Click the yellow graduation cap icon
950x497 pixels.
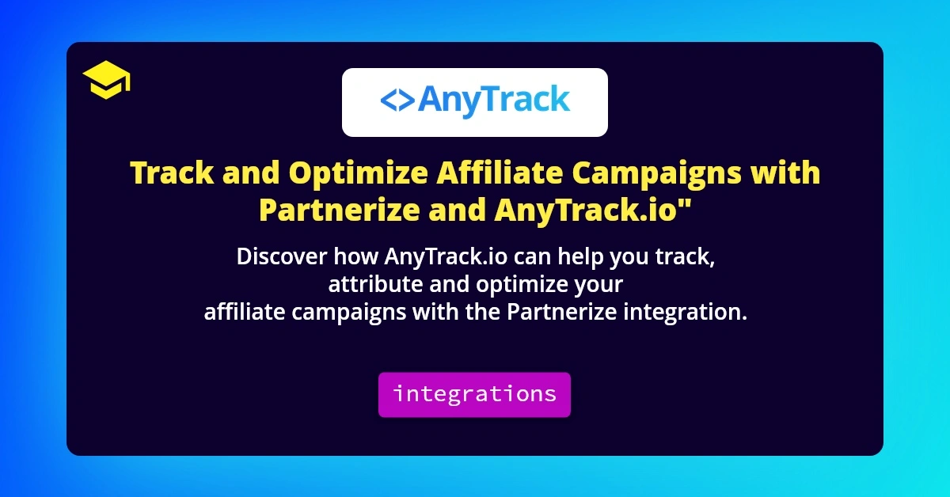106,82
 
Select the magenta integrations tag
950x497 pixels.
474,394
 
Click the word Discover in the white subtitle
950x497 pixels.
281,258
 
